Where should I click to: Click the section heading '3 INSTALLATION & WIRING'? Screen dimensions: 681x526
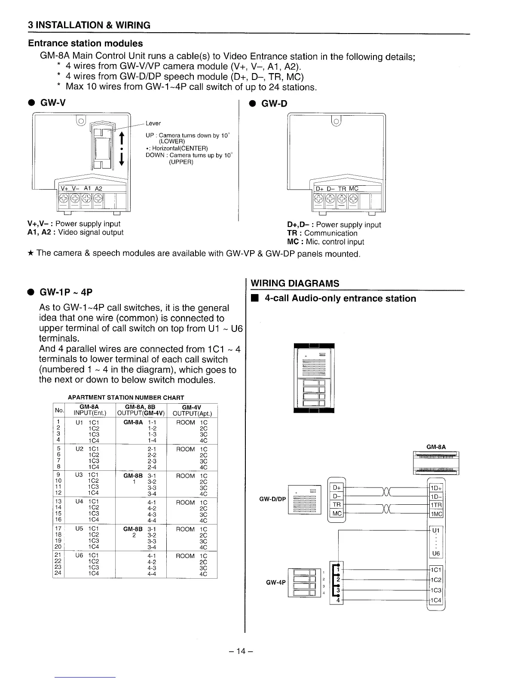coord(89,25)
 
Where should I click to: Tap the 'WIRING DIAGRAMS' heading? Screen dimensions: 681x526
coord(295,283)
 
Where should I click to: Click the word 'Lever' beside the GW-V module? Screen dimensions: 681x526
coord(153,123)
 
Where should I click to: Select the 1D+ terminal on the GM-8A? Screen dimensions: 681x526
coord(436,488)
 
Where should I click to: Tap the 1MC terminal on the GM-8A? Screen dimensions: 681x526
coord(436,514)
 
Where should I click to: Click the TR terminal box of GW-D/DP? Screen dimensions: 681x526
coord(337,505)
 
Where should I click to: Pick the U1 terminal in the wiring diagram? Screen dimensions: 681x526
coord(436,530)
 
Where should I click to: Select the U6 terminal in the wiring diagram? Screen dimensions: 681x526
coord(436,553)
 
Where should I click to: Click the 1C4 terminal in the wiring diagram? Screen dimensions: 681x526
coord(436,600)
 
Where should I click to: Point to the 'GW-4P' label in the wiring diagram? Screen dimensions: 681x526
coord(275,583)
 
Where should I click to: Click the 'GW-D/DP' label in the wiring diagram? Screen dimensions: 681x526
coord(272,499)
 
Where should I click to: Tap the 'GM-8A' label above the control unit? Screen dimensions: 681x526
coord(436,447)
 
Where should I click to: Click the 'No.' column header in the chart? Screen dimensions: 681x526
coord(58,411)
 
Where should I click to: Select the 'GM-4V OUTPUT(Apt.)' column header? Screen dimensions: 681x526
coord(192,411)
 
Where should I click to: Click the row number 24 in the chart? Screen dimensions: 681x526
coord(58,573)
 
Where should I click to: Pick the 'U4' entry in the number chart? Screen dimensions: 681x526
coord(79,502)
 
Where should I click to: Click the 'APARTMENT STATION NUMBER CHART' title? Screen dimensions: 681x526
coord(126,398)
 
